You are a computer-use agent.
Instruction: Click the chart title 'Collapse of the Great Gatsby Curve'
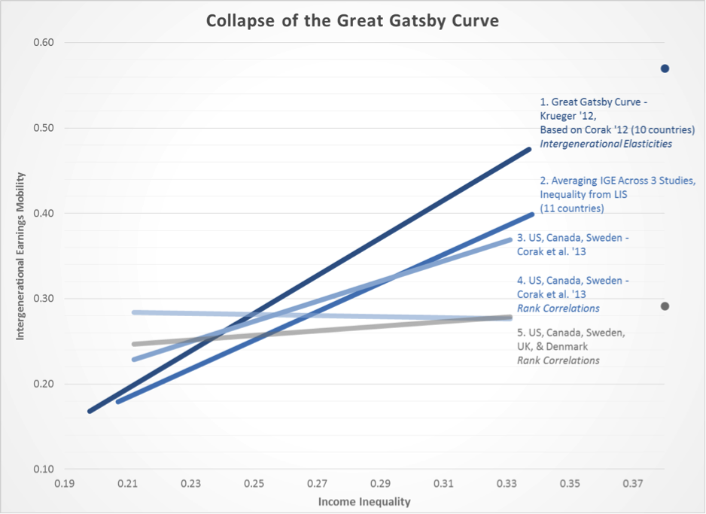(x=352, y=20)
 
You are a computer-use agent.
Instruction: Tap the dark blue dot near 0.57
(x=665, y=68)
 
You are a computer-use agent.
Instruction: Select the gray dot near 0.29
(x=665, y=306)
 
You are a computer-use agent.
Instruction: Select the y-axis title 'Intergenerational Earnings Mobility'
(x=20, y=256)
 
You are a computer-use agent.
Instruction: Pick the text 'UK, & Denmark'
(x=552, y=347)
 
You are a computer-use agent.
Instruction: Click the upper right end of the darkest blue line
(x=530, y=149)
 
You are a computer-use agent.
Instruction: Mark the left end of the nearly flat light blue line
(x=134, y=312)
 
